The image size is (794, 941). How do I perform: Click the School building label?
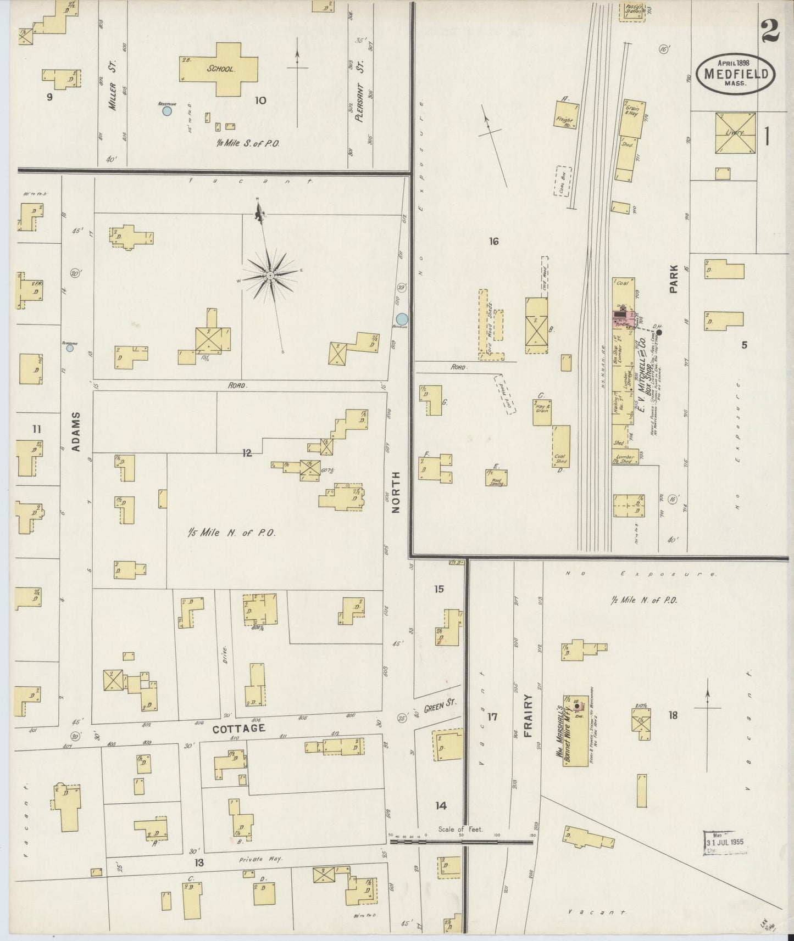(221, 70)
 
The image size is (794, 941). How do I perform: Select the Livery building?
(735, 133)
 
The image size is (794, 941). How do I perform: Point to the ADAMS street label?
(76, 432)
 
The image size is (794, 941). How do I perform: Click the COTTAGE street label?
(239, 729)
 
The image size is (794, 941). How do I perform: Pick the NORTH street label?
(397, 491)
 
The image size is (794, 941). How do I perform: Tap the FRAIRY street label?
(529, 714)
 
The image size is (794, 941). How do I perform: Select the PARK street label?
(674, 279)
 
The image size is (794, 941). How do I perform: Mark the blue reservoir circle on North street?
(402, 318)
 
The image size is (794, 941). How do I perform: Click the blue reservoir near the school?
(167, 111)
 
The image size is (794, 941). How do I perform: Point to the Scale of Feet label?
(460, 830)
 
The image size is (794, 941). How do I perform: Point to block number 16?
(493, 240)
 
